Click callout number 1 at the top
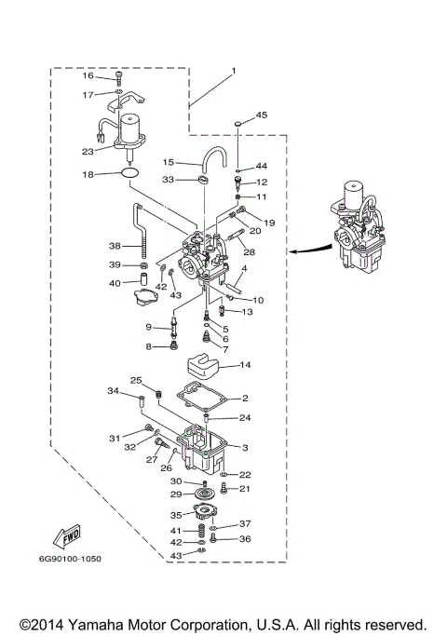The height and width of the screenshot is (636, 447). [234, 71]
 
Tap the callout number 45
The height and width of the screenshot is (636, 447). [262, 115]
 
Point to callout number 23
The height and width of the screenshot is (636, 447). [88, 152]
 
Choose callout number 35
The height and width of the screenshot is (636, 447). [175, 513]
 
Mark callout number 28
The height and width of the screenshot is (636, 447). [250, 252]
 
